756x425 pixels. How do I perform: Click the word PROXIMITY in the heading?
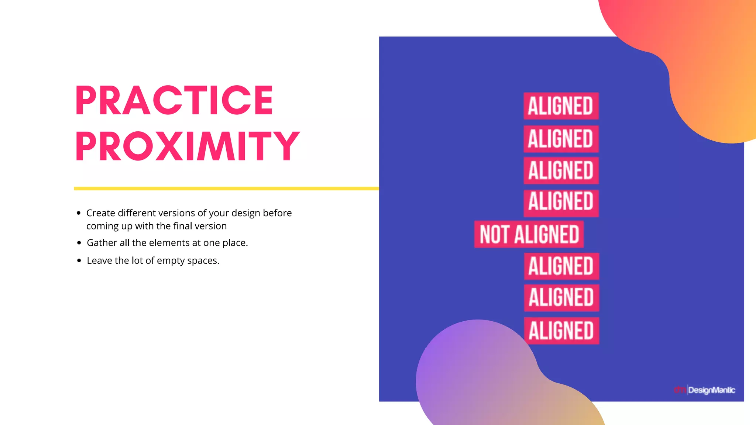click(x=188, y=146)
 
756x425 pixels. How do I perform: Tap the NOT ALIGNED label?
click(x=529, y=234)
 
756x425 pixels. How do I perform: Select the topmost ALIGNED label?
click(x=561, y=106)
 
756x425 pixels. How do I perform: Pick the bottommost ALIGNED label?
click(x=561, y=331)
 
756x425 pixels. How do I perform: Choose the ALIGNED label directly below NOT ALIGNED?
click(x=561, y=266)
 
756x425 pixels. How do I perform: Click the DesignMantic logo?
click(x=705, y=390)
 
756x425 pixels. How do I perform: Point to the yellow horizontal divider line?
click(x=226, y=189)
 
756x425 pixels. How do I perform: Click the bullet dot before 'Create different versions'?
click(x=79, y=213)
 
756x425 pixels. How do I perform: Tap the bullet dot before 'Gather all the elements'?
click(x=79, y=243)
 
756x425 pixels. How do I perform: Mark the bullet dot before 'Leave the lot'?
click(x=79, y=261)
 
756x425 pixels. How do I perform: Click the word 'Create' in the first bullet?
click(x=100, y=213)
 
